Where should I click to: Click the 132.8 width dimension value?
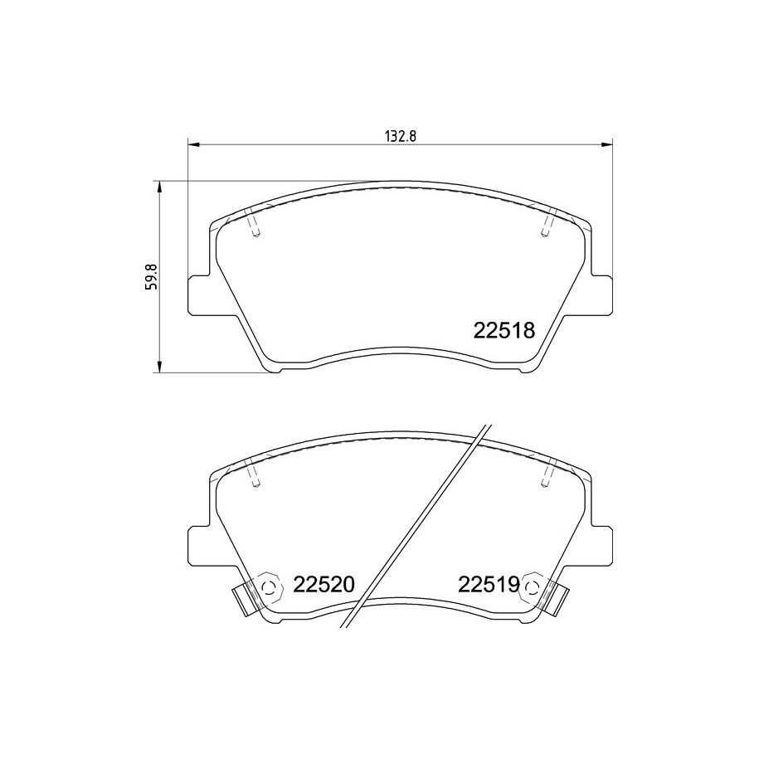point(401,136)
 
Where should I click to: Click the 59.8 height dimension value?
point(152,276)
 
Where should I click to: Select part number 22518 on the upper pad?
point(504,331)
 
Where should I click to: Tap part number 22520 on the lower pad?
point(324,584)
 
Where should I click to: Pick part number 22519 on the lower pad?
point(489,584)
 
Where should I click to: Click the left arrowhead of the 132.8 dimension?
point(193,144)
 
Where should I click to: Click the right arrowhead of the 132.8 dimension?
point(606,144)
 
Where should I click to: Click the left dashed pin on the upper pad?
point(253,225)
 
